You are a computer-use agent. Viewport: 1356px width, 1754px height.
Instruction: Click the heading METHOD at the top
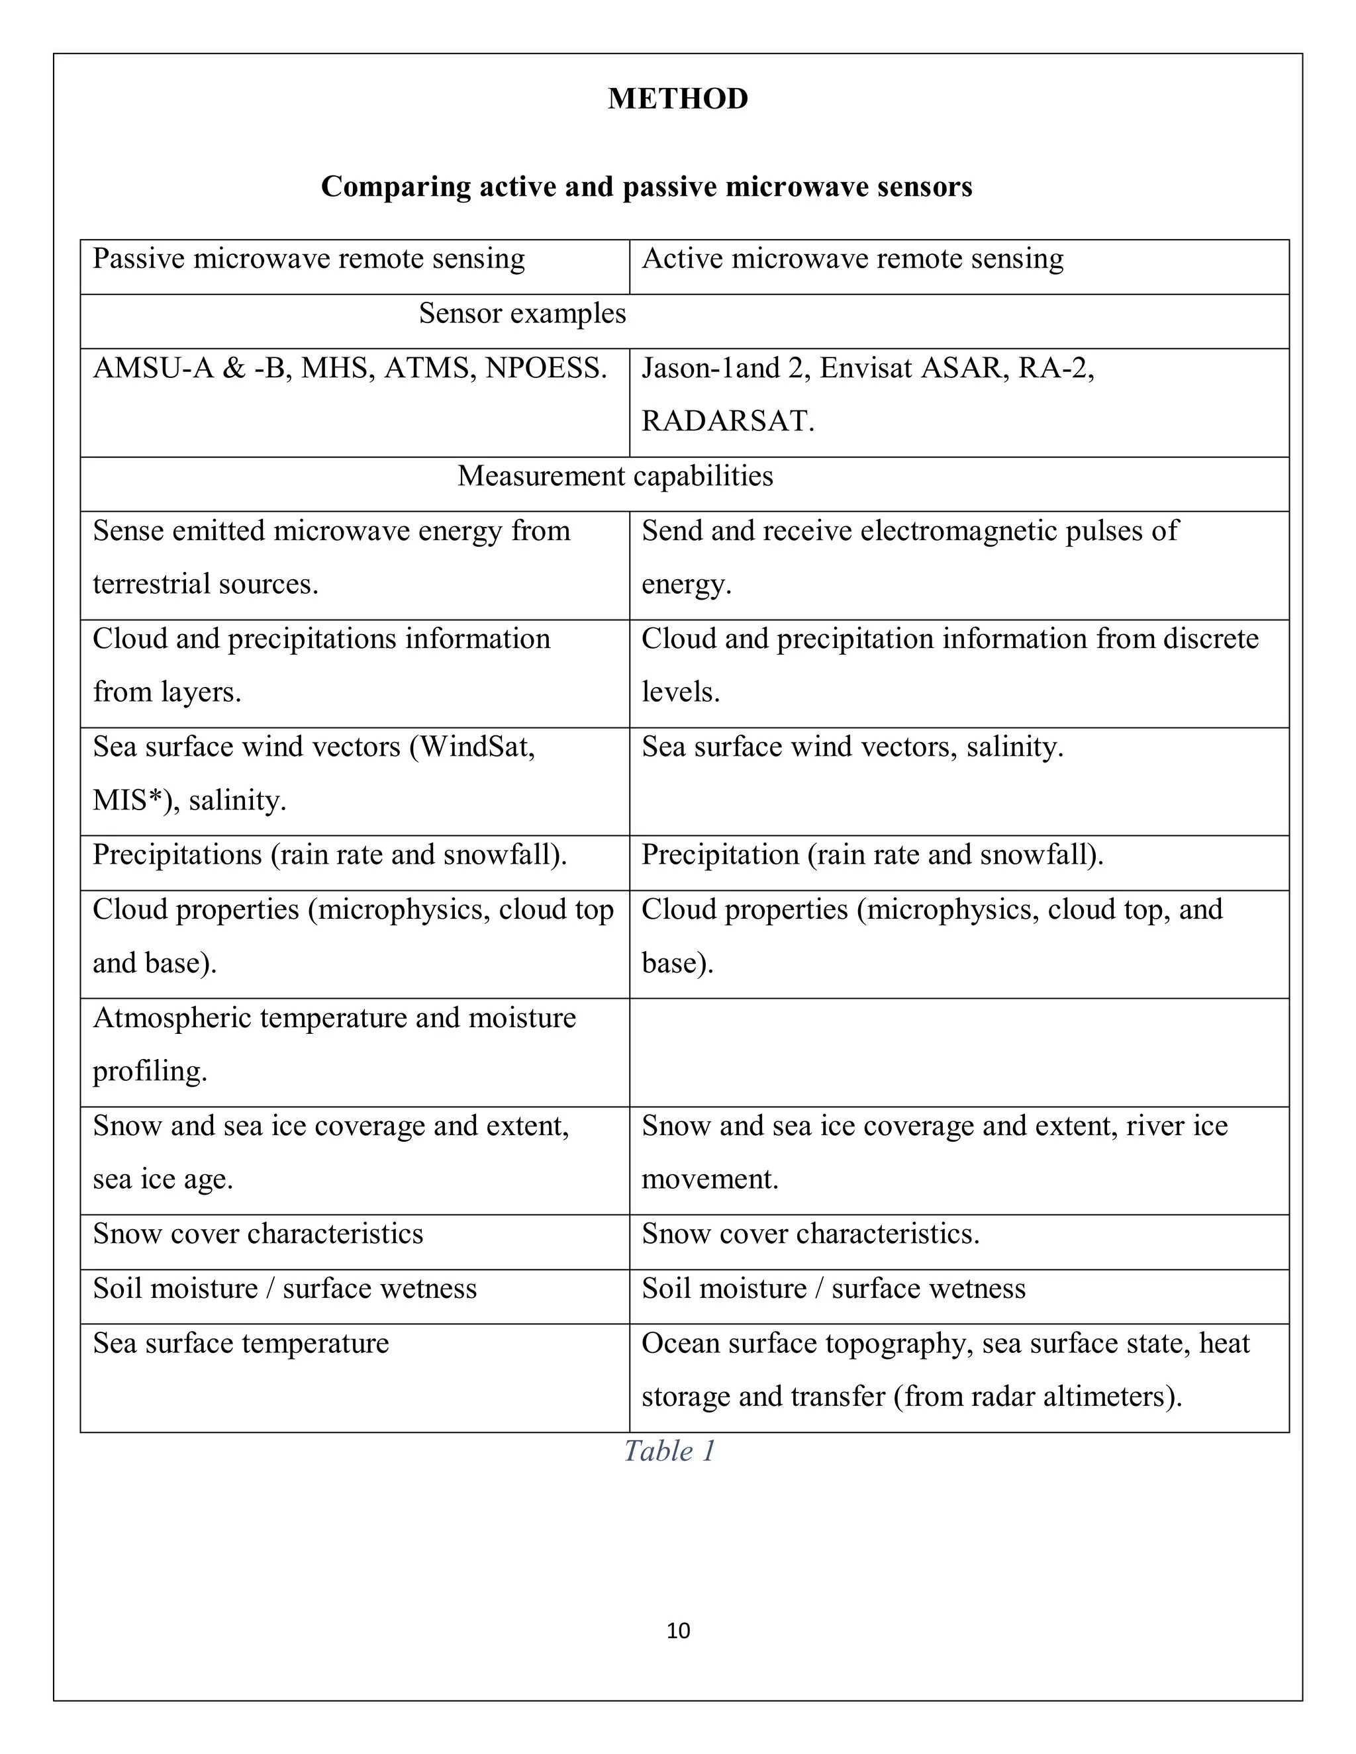pos(677,99)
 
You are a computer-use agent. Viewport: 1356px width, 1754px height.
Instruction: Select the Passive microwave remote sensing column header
pos(309,259)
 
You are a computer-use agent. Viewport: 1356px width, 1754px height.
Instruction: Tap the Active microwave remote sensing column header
pos(851,259)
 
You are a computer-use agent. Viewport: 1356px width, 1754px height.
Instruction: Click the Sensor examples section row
pos(522,313)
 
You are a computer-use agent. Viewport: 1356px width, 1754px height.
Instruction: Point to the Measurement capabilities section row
pos(614,477)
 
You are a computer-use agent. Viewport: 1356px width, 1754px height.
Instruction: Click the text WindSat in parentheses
pos(475,747)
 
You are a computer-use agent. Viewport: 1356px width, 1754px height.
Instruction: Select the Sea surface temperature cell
pos(241,1343)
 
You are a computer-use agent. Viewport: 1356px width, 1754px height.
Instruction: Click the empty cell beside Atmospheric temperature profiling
pos(958,1052)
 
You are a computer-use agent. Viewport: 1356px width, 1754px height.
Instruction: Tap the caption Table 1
pos(669,1450)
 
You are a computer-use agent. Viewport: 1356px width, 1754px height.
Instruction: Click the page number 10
pos(678,1630)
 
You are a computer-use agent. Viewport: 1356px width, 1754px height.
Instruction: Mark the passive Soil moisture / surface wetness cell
pos(284,1288)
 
